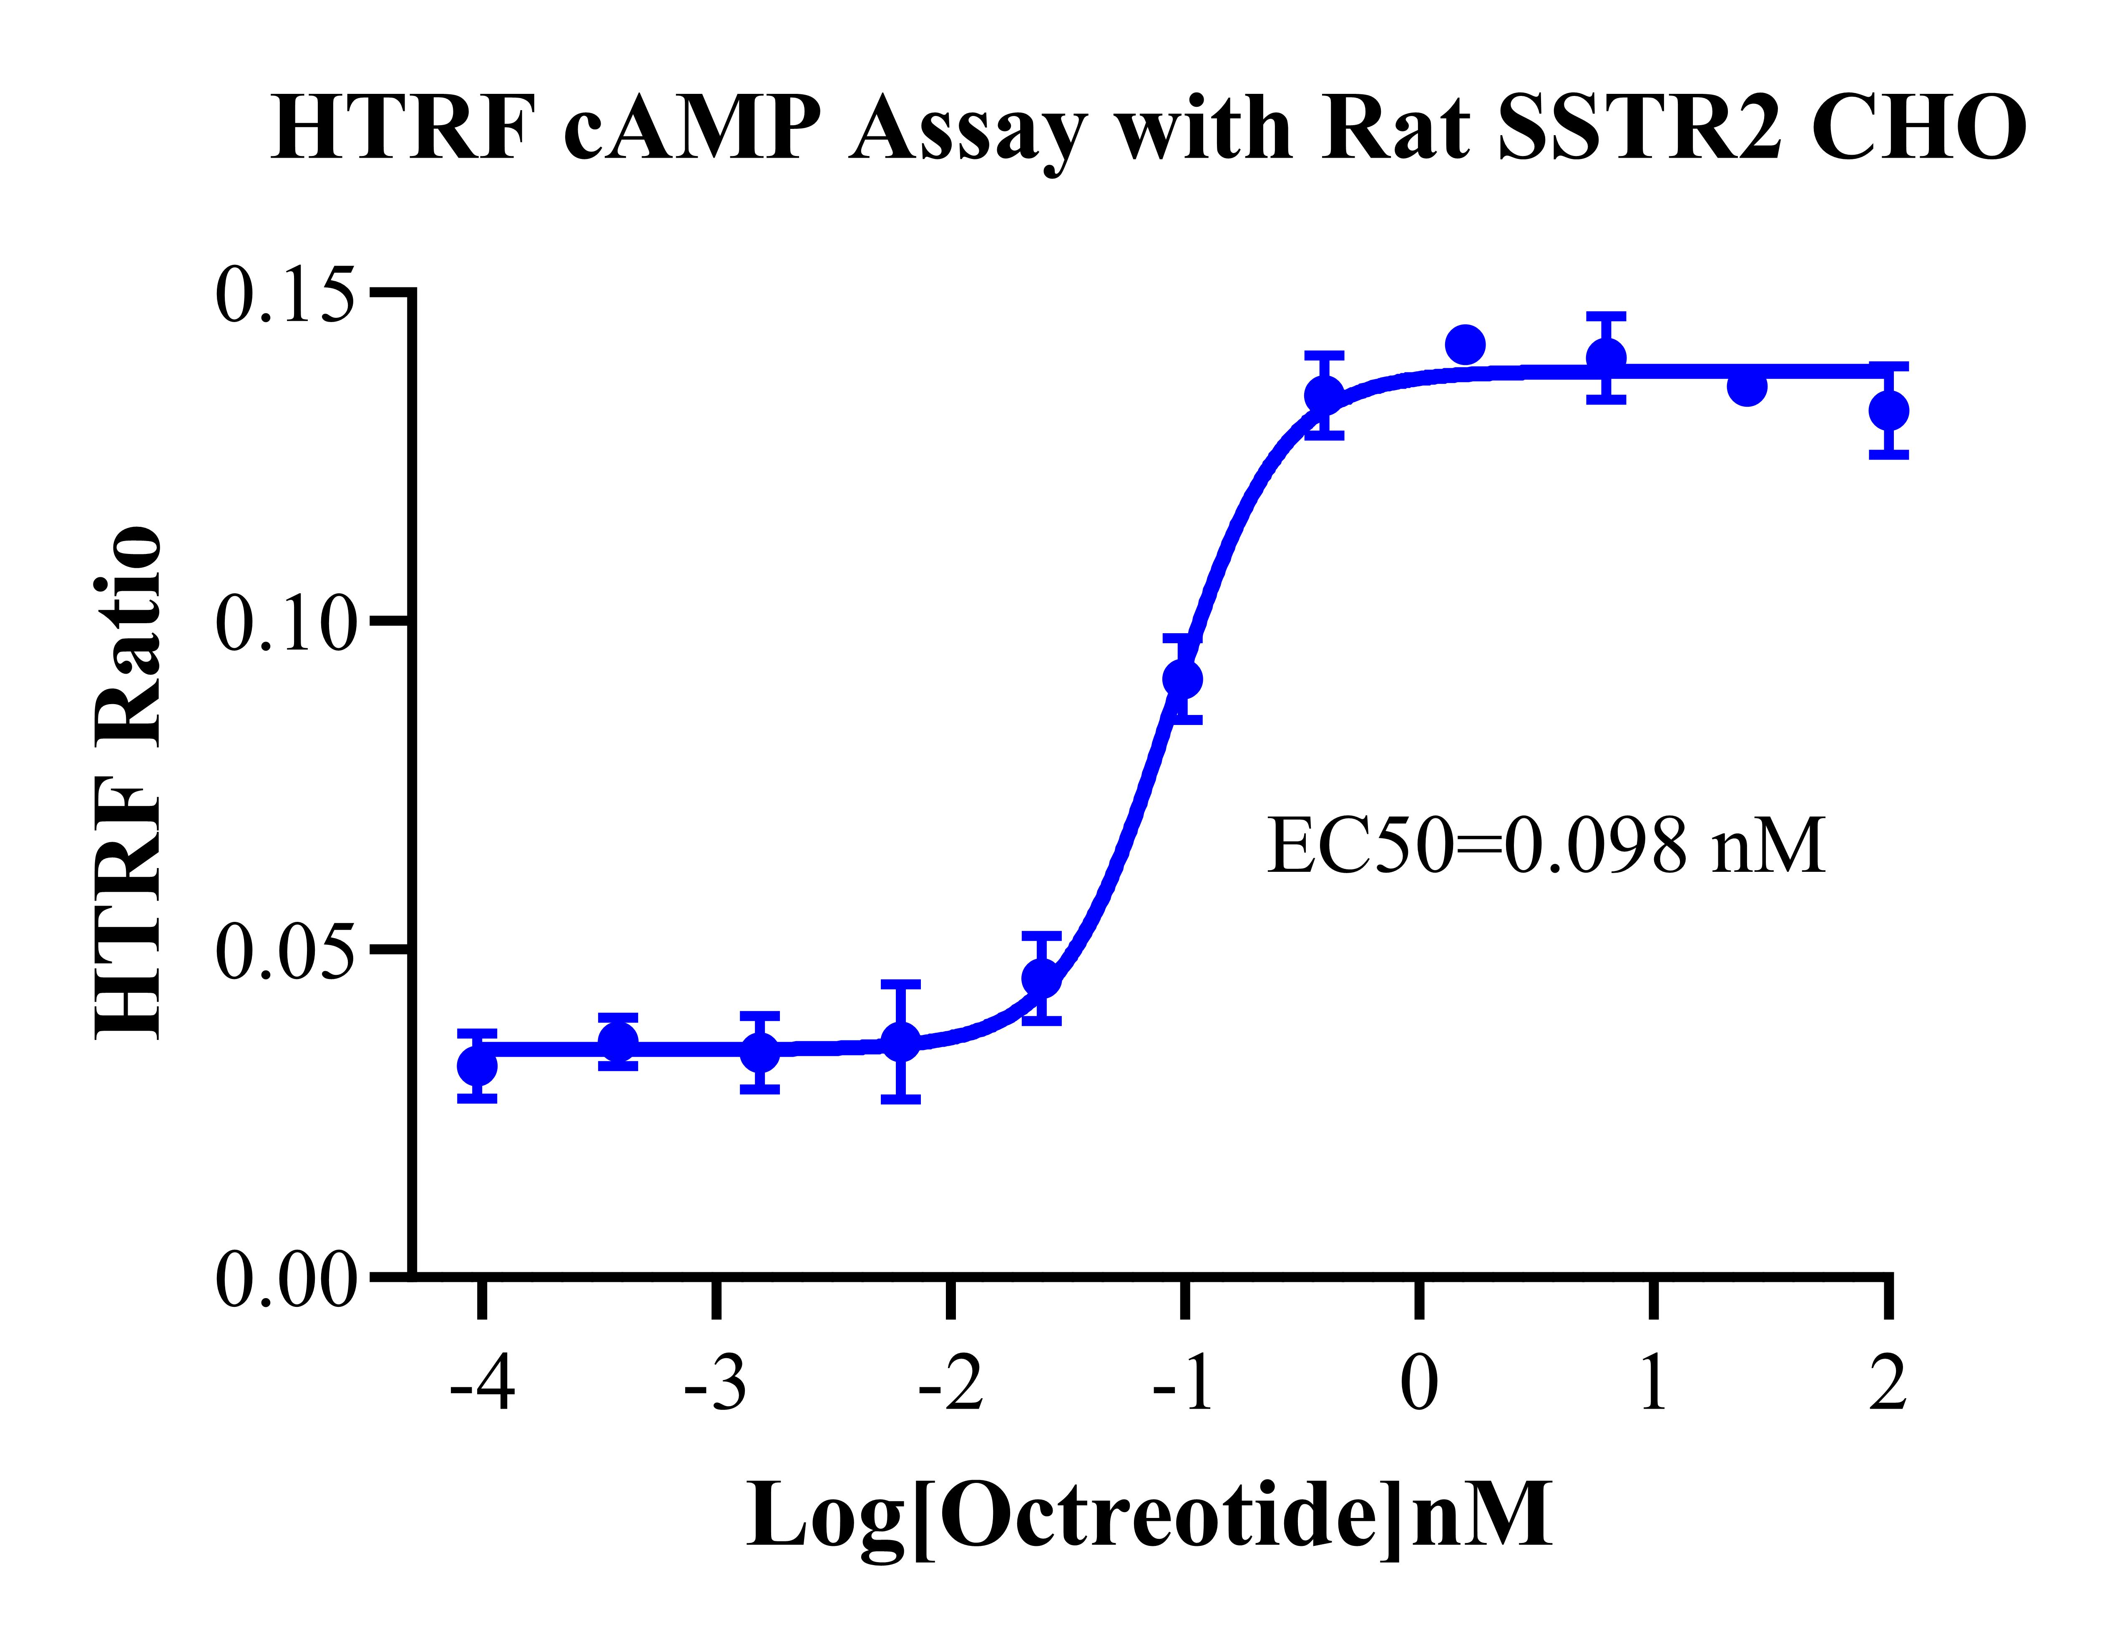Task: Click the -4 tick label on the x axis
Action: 482,1383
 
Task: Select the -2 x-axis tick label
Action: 951,1383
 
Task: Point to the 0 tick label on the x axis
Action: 1419,1383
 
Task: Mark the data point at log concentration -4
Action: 477,1066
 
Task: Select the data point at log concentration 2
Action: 1888,410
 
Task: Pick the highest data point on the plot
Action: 1465,344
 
